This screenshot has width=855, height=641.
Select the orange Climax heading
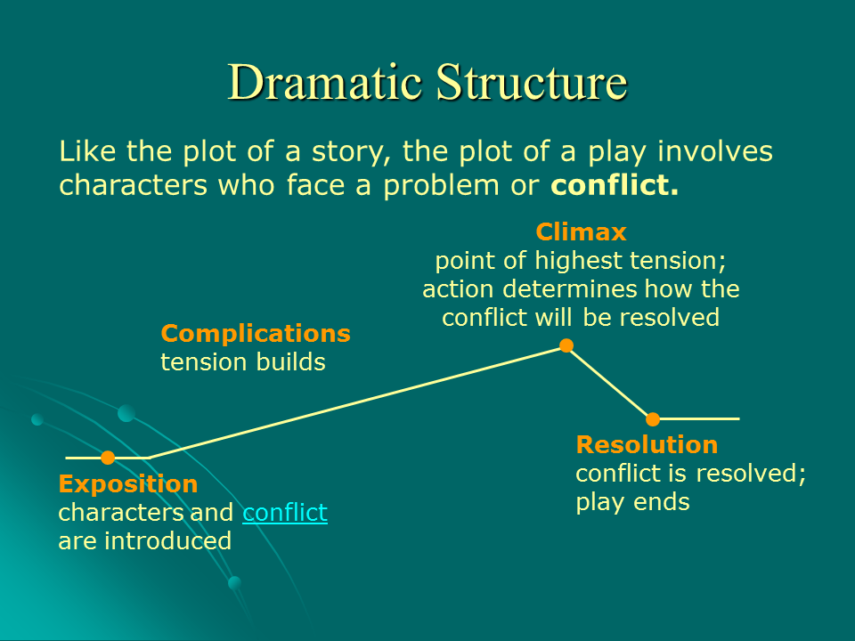pyautogui.click(x=581, y=232)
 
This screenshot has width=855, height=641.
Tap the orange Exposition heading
pyautogui.click(x=128, y=484)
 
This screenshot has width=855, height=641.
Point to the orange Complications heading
pyautogui.click(x=256, y=334)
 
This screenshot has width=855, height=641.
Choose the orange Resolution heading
pyautogui.click(x=647, y=444)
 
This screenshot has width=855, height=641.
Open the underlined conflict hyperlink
pyautogui.click(x=285, y=513)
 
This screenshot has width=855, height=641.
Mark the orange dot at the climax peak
pyautogui.click(x=566, y=345)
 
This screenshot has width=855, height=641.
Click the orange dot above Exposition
pyautogui.click(x=108, y=458)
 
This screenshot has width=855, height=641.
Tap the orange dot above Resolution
pyautogui.click(x=653, y=418)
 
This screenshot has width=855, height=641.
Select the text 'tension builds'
pyautogui.click(x=243, y=362)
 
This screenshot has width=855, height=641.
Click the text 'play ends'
pyautogui.click(x=632, y=501)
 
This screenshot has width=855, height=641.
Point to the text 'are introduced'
pyautogui.click(x=144, y=540)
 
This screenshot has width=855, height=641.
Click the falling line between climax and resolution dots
pyautogui.click(x=610, y=383)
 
